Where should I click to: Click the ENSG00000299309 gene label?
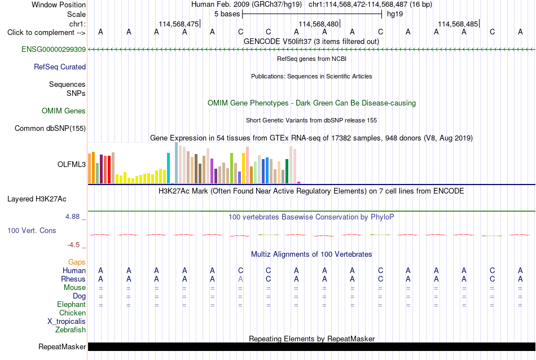[54, 49]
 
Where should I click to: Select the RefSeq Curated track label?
[60, 67]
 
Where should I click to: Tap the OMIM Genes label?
[64, 111]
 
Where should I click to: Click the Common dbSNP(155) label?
[50, 129]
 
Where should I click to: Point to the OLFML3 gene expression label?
[72, 164]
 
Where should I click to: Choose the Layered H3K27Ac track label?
[37, 199]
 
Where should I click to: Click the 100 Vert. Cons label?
[32, 230]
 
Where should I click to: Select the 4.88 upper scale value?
[72, 217]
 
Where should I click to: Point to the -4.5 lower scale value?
[73, 245]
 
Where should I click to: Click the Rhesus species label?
[73, 279]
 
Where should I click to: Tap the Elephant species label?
[72, 304]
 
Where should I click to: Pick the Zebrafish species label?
[71, 330]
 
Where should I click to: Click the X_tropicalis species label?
[67, 322]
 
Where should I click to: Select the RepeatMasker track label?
[62, 346]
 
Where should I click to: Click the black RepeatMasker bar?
[312, 346]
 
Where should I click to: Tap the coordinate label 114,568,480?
[319, 24]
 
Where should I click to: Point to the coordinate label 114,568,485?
[458, 24]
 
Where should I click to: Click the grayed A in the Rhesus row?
[240, 279]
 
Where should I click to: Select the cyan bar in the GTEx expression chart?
[168, 168]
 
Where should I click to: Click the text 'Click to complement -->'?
[46, 33]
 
